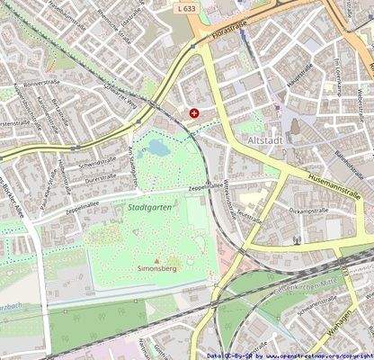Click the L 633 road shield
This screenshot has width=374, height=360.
coord(187,6)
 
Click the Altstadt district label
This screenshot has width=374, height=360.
coord(260,141)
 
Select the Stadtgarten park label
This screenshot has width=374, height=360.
coord(145,208)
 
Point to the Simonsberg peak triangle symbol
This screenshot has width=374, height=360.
coord(158,260)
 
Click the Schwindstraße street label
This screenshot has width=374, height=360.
coord(98,163)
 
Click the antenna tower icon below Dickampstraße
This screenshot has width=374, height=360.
coord(297,240)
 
